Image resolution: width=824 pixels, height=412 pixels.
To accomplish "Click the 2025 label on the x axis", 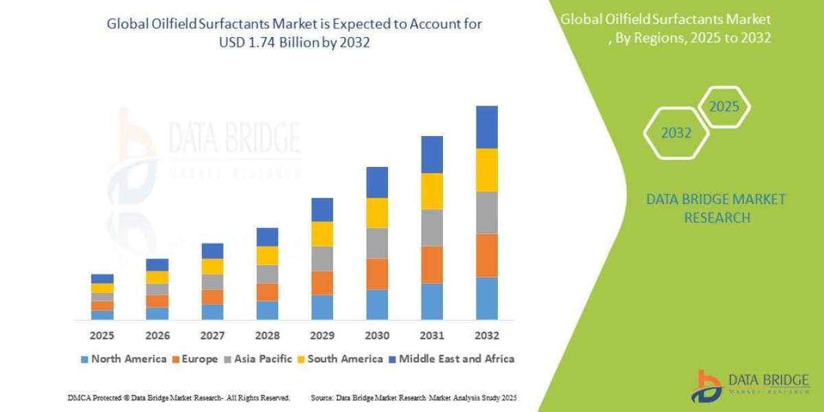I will (x=102, y=336).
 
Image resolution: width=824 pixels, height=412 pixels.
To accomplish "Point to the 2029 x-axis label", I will (x=322, y=336).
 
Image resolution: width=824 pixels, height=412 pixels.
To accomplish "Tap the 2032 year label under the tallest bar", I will (x=486, y=336).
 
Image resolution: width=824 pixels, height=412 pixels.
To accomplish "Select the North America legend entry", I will (x=123, y=358).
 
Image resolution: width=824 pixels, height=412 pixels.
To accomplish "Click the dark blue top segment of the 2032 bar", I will (x=486, y=127).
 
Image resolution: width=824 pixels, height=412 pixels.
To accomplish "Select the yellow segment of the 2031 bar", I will (x=432, y=191).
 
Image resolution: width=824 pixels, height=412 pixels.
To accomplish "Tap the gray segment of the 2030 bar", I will (x=377, y=243).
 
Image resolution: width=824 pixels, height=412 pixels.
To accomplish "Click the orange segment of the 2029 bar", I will (x=322, y=283).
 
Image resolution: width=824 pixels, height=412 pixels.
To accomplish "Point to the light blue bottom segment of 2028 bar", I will (x=267, y=310).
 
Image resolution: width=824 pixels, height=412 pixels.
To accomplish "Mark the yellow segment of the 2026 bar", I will (x=157, y=277).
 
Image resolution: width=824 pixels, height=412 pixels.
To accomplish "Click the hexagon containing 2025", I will (x=723, y=107).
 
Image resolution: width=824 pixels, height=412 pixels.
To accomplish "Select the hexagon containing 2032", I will (x=676, y=133).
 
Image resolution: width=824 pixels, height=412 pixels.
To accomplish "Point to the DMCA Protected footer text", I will (x=179, y=398).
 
